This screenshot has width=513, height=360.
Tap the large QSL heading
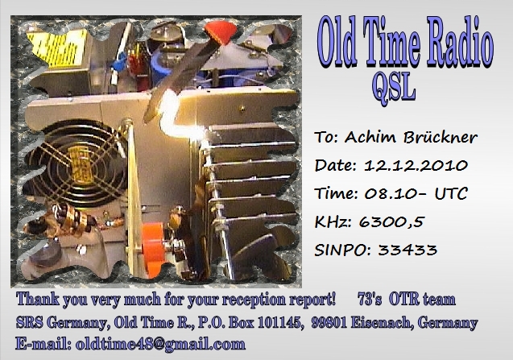click(394, 88)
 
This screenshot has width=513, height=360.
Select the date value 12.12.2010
click(416, 165)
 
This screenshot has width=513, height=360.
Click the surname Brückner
click(440, 137)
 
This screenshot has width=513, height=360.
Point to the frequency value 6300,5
click(391, 222)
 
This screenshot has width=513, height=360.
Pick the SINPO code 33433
click(408, 250)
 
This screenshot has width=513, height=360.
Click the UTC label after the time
click(451, 193)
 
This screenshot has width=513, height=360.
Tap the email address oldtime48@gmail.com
click(160, 344)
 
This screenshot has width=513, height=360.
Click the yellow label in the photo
click(58, 48)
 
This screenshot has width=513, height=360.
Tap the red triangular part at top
click(221, 32)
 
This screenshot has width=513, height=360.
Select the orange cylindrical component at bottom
click(153, 249)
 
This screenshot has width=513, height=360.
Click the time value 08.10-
click(395, 193)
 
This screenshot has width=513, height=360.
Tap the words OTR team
click(422, 300)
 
